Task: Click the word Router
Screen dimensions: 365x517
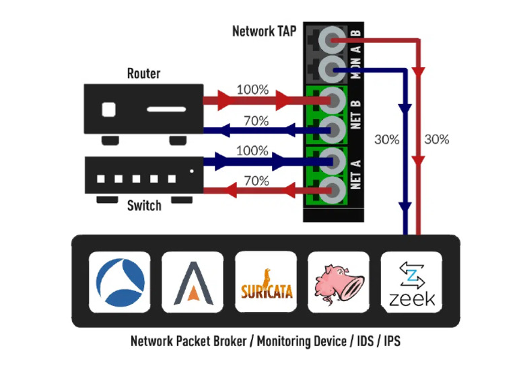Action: pyautogui.click(x=143, y=73)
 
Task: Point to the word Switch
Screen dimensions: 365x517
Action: pyautogui.click(x=144, y=206)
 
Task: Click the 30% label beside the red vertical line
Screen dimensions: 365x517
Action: pyautogui.click(x=436, y=140)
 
